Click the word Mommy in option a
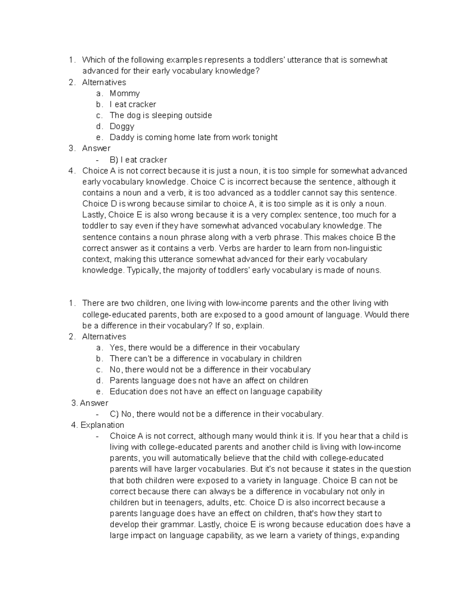click(125, 93)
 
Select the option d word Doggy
click(122, 126)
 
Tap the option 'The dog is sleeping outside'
click(161, 116)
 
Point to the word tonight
click(265, 137)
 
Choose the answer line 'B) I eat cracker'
click(139, 160)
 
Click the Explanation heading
click(102, 425)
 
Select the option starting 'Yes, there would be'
click(204, 348)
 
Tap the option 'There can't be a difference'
click(205, 359)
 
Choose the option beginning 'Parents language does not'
click(209, 381)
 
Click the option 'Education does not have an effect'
click(216, 392)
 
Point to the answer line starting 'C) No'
click(216, 414)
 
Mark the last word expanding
click(380, 536)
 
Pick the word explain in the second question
click(251, 326)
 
